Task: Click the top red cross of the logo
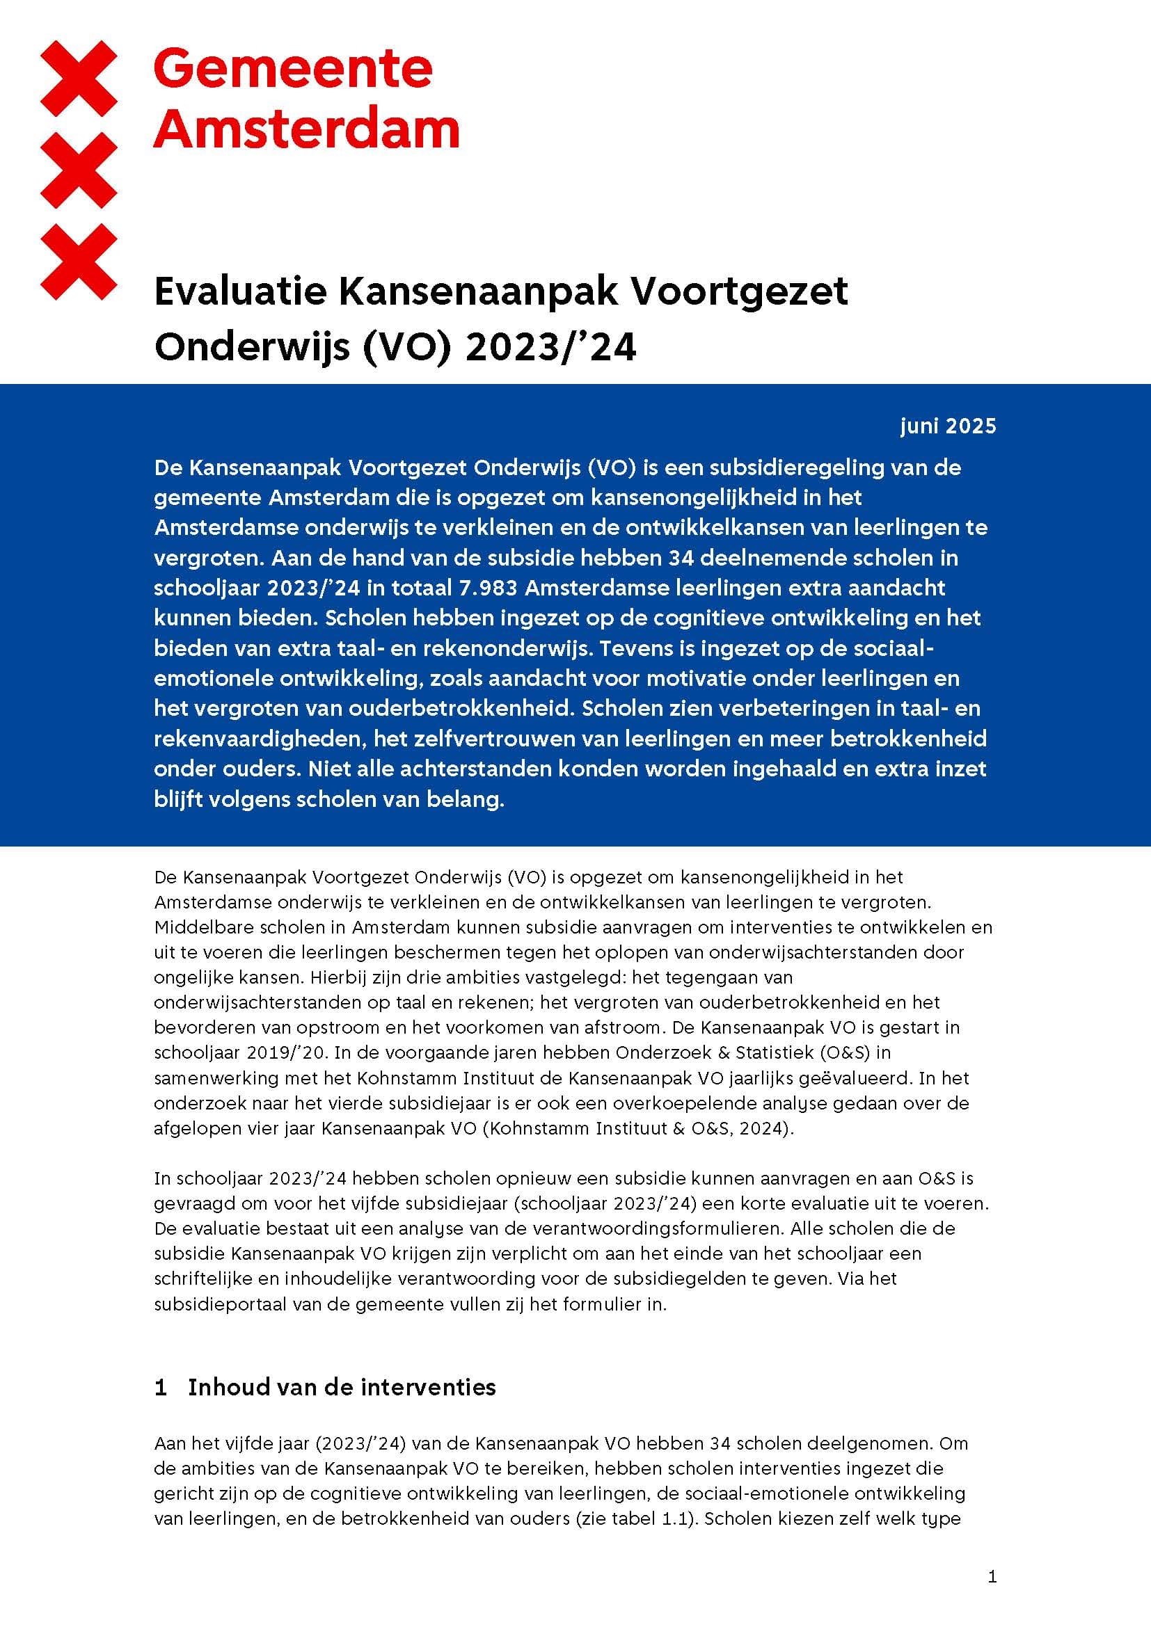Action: [x=79, y=79]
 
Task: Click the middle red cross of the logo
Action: [x=79, y=170]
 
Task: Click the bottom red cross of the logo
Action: [x=79, y=262]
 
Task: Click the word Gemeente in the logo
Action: [x=293, y=70]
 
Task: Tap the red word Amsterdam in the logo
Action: [x=306, y=129]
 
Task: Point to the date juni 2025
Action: [x=948, y=426]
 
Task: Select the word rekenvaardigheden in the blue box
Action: [x=260, y=739]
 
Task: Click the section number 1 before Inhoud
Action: [x=161, y=1387]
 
